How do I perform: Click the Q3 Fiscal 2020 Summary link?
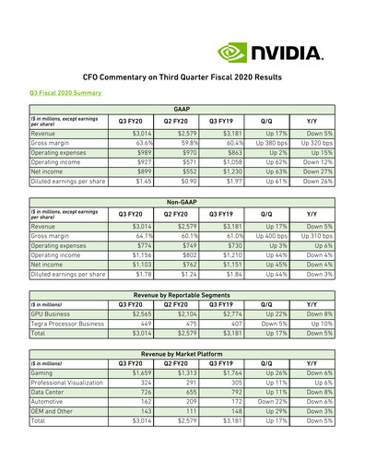tap(67, 93)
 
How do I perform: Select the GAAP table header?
tap(182, 109)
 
